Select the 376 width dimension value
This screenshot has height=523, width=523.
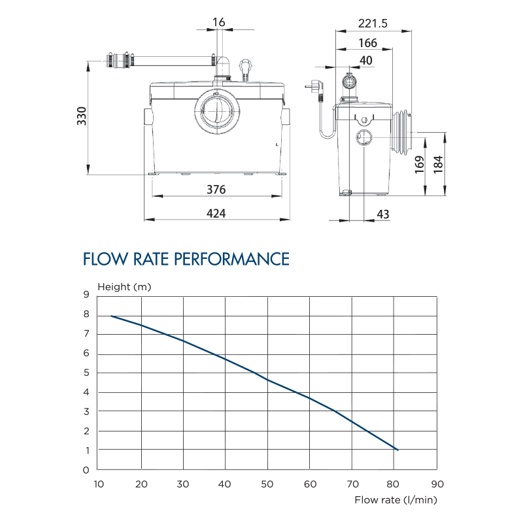216,190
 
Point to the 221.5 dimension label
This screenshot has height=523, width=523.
373,24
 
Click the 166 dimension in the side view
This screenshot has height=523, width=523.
368,43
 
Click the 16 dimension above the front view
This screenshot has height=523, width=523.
219,23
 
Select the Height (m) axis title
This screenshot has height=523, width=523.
124,286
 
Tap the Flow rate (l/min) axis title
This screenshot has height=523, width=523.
396,500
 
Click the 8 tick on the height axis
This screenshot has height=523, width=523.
86,314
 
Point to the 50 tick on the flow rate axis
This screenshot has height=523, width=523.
267,484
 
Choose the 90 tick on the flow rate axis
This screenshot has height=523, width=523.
437,484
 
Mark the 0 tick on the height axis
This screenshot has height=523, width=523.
86,469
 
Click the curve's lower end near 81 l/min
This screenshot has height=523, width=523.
397,450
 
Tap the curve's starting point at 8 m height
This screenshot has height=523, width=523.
111,316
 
